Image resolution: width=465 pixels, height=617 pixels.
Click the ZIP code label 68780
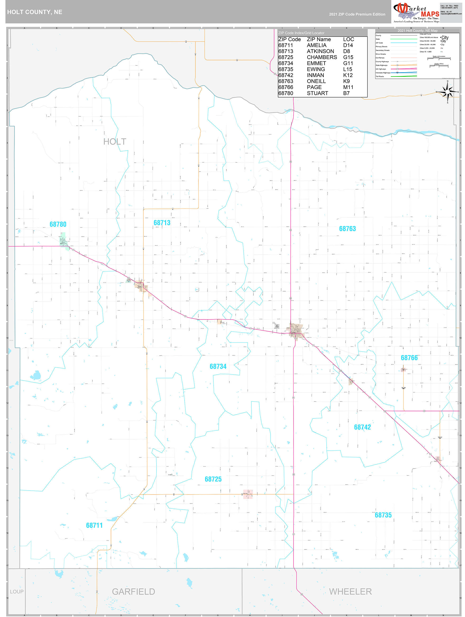click(58, 224)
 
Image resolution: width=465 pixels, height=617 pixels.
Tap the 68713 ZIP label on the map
click(162, 223)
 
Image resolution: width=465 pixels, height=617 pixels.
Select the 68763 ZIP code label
click(347, 229)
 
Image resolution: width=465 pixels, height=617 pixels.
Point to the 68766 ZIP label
click(409, 358)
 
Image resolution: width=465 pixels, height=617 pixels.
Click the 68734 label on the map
click(218, 366)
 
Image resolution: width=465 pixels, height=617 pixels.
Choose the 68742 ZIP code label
click(362, 427)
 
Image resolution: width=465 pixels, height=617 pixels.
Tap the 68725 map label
click(213, 479)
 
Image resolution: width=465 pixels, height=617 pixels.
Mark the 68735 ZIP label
click(383, 515)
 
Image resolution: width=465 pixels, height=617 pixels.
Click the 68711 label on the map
click(94, 525)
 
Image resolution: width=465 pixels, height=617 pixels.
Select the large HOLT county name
click(115, 142)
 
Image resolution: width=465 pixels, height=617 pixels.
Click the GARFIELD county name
click(133, 592)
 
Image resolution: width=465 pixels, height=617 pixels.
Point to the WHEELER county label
click(350, 592)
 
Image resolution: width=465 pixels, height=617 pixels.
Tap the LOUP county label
click(17, 592)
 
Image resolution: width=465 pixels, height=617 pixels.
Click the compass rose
click(447, 92)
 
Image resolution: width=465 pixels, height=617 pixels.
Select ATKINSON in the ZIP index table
click(320, 51)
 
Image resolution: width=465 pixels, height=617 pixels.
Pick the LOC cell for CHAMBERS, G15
click(348, 57)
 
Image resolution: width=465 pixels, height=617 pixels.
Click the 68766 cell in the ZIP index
click(285, 87)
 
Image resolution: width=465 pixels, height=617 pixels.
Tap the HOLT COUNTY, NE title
click(35, 12)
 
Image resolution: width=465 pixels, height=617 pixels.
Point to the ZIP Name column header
click(319, 39)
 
